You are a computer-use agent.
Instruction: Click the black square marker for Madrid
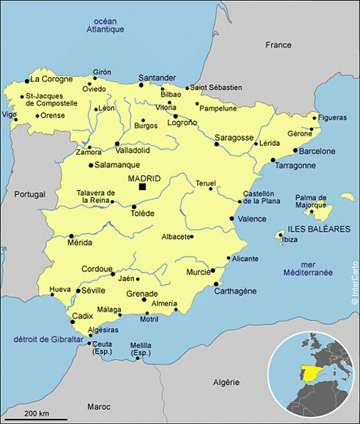pos(142,187)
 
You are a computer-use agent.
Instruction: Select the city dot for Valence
pos(232,219)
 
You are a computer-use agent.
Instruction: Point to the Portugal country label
pos(30,194)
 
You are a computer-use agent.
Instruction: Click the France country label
pos(278,45)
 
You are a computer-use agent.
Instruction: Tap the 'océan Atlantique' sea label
pos(105,25)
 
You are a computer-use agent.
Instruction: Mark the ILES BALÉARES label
pos(319,229)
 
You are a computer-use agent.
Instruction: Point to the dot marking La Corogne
pos(27,81)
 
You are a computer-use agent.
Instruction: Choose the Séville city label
pos(93,291)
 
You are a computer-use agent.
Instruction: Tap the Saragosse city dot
pos(217,144)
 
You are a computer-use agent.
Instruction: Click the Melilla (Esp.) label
pos(140,349)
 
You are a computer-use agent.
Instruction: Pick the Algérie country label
pos(226,382)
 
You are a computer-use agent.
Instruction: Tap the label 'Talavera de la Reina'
pos(96,196)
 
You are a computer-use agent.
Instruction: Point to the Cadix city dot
pos(72,321)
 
